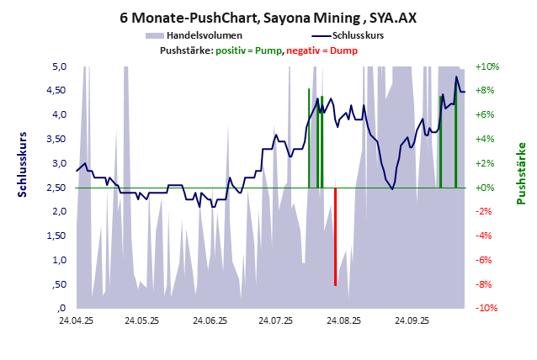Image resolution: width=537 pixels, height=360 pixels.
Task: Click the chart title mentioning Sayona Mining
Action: (268, 17)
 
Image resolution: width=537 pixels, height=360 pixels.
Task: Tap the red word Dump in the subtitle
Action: (343, 51)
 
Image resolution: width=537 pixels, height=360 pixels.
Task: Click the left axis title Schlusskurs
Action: (23, 164)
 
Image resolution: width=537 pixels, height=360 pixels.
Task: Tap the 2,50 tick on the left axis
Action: (56, 188)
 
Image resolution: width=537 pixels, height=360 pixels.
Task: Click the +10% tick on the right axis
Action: (487, 66)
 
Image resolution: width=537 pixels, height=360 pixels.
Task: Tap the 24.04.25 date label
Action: (76, 321)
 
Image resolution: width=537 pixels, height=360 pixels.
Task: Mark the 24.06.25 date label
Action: (210, 321)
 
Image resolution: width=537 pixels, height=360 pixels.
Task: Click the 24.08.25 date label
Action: (344, 321)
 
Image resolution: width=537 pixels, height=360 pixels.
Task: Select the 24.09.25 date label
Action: (412, 321)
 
